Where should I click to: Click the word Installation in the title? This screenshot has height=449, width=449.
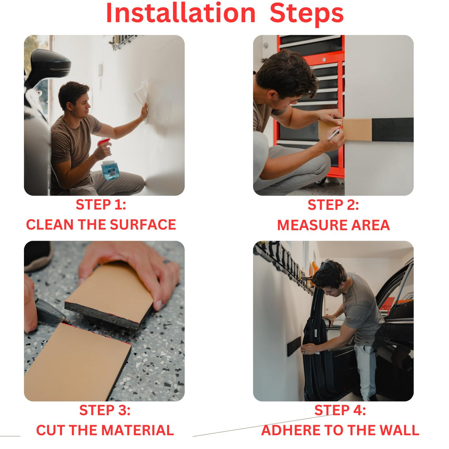181,13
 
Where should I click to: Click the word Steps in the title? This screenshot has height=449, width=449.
307,15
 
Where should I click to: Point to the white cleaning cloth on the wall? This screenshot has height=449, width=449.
141,93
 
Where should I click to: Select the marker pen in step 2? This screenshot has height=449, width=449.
334,135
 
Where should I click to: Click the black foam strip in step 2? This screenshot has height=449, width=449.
393,129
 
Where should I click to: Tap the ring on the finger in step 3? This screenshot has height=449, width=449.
167,262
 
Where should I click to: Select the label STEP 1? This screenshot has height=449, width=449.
101,205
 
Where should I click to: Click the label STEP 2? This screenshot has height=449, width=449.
333,205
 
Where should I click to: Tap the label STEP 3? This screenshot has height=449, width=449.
105,410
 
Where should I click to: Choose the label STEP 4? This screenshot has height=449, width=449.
340,410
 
